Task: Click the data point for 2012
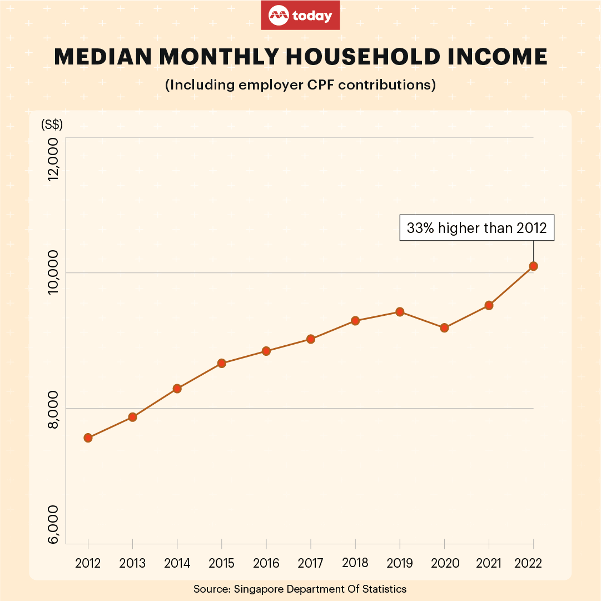(88, 438)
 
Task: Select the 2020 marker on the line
(444, 328)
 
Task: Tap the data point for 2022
(533, 266)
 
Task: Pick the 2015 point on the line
(221, 363)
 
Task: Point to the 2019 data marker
(399, 312)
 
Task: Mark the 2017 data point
(311, 339)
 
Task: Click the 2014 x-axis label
(177, 563)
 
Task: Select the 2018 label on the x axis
(355, 563)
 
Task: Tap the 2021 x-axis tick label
(489, 563)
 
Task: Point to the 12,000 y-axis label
(53, 160)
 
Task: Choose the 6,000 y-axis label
(53, 525)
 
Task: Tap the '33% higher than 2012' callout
(477, 227)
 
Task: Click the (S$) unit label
(52, 125)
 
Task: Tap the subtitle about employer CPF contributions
(300, 85)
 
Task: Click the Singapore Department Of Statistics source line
(300, 589)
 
